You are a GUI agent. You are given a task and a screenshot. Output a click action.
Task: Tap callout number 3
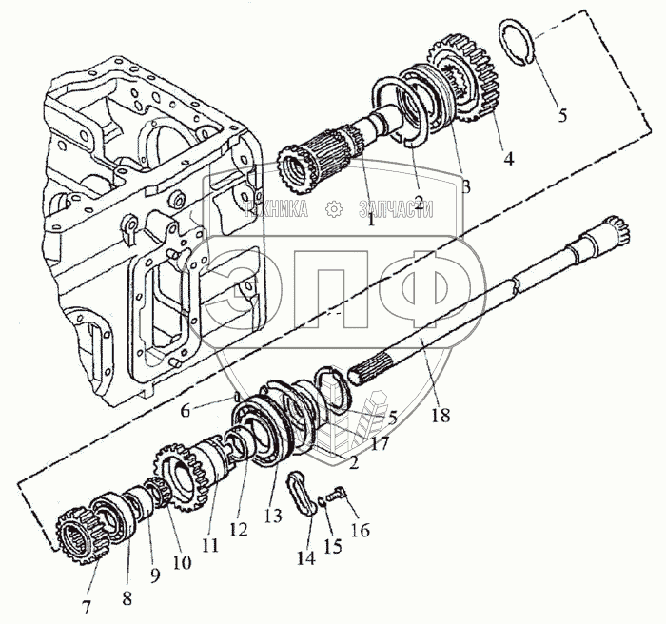coord(465,188)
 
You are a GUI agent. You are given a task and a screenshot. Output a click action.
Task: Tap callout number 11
coord(210,546)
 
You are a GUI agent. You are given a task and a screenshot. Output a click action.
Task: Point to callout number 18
coord(438,415)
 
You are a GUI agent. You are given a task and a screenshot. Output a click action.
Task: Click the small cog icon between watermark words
coord(334,209)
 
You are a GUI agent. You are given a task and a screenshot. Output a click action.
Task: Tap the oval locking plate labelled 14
coord(302,492)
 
